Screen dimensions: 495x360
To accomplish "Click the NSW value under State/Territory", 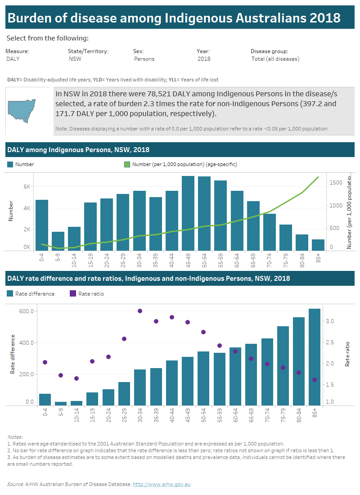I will (x=75, y=59).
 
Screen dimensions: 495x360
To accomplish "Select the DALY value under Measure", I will (x=13, y=59).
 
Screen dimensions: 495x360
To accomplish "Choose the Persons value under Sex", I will (x=144, y=59).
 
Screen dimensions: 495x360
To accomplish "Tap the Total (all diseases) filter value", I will (x=275, y=59).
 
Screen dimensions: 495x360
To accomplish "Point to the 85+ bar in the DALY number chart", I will (x=318, y=245).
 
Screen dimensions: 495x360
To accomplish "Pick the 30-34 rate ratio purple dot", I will (x=140, y=311).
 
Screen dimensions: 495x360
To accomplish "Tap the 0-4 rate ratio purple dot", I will (x=45, y=362).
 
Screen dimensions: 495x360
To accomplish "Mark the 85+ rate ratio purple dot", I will (x=315, y=380).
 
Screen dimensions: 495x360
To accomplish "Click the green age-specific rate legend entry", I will (x=180, y=165).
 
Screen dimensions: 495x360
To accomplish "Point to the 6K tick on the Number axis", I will (x=27, y=186).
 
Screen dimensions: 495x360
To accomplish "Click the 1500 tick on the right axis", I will (x=335, y=183).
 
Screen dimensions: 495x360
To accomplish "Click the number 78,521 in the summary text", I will (x=150, y=94).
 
